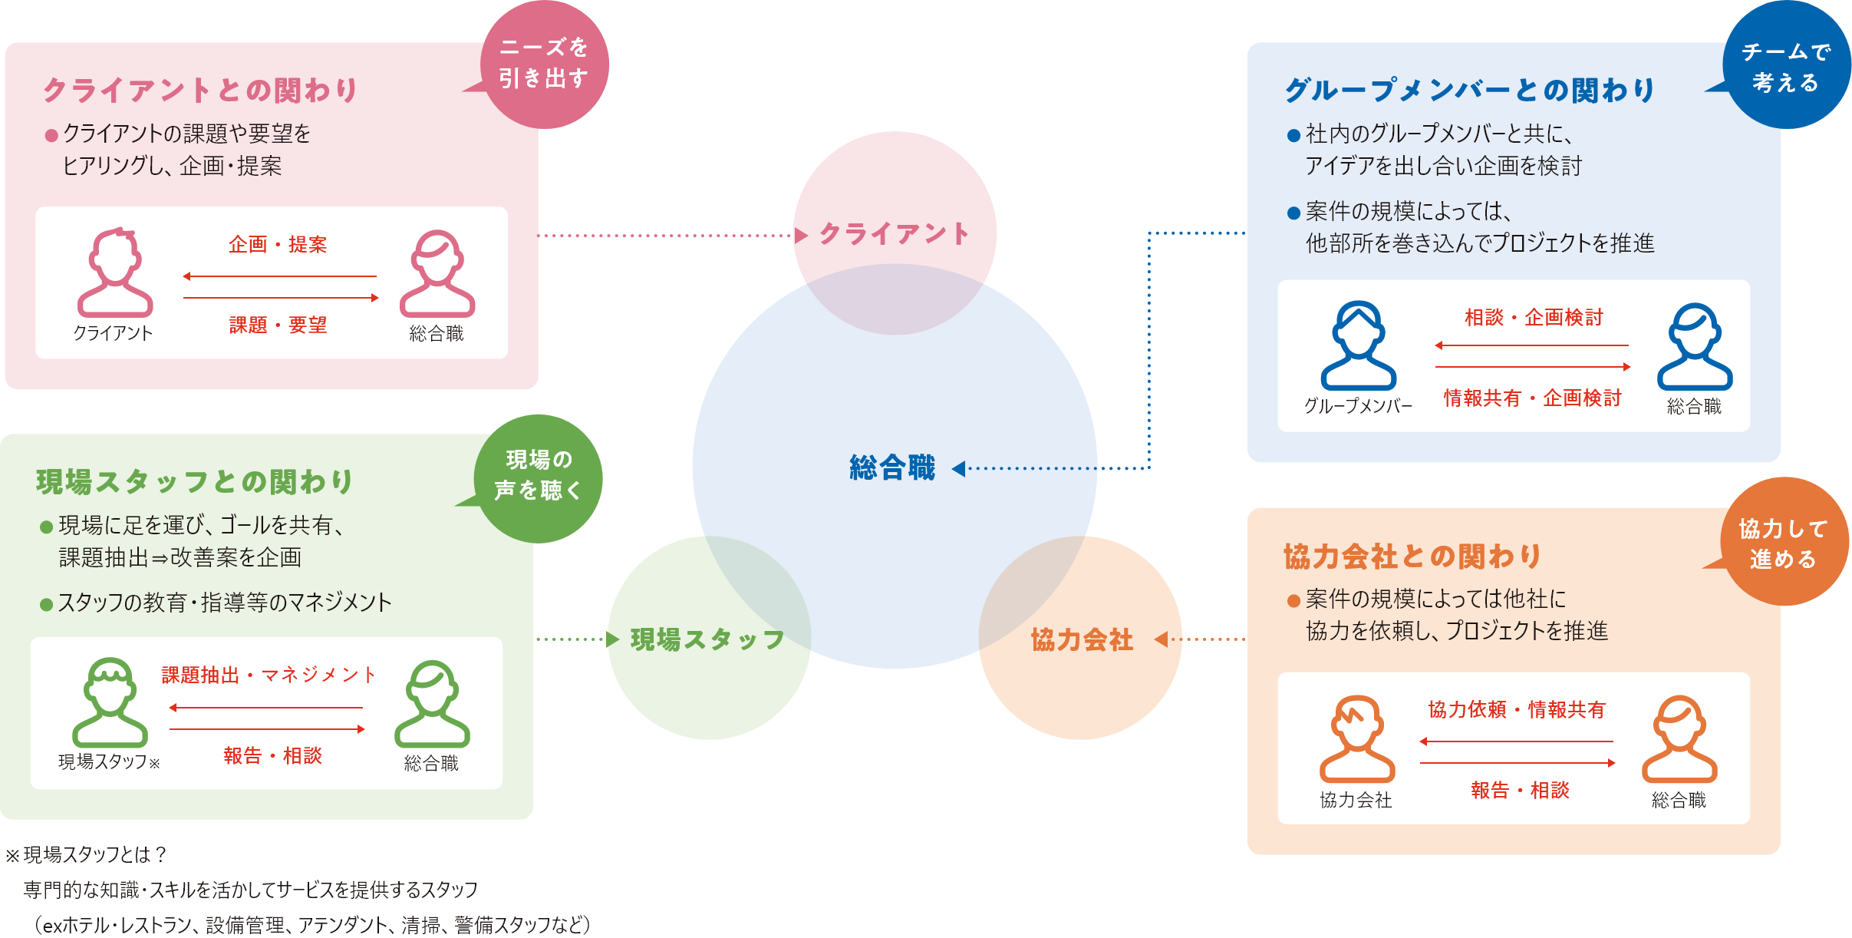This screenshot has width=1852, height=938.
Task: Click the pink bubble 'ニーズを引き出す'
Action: click(544, 64)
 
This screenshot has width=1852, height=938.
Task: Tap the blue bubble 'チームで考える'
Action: click(1786, 67)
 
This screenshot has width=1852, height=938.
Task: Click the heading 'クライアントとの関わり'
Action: click(201, 91)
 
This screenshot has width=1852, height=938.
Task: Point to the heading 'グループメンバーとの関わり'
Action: click(1470, 91)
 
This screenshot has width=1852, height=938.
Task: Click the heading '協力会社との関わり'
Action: click(1412, 557)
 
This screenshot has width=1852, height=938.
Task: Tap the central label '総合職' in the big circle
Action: click(892, 467)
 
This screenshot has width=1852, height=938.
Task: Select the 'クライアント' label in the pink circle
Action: click(895, 234)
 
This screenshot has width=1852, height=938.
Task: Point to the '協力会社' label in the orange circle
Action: click(1082, 639)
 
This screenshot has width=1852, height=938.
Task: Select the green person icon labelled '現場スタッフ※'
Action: click(110, 702)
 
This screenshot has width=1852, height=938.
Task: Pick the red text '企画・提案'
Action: click(278, 245)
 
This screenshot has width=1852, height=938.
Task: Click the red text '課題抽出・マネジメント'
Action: click(269, 675)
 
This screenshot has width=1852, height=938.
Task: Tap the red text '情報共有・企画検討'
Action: click(1532, 398)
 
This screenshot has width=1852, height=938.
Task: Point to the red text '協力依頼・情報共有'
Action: click(1517, 710)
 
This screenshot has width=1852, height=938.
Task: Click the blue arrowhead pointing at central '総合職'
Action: click(959, 468)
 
